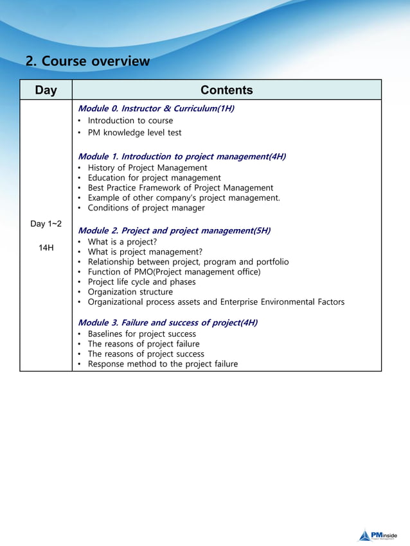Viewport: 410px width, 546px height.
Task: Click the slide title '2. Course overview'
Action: click(87, 62)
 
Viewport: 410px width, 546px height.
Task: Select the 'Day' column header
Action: click(46, 90)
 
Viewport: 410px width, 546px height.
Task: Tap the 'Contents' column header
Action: click(226, 90)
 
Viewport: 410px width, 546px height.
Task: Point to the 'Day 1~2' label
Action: click(46, 223)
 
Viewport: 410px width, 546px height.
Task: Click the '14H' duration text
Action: click(46, 248)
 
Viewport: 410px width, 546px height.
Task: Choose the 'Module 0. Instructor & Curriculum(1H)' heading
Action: click(156, 108)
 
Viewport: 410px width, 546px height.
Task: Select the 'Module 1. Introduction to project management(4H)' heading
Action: click(181, 157)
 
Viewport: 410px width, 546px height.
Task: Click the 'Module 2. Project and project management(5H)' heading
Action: click(174, 230)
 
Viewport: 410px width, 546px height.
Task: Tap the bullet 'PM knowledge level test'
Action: click(134, 133)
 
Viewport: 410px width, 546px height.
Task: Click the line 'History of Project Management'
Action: click(147, 168)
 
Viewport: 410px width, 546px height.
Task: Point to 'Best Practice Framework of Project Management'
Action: click(180, 188)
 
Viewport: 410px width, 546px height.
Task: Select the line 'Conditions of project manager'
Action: click(146, 208)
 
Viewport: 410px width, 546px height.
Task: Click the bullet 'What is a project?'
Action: click(122, 242)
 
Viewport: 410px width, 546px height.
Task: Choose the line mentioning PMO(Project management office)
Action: click(174, 272)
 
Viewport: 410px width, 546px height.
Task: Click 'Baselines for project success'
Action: click(141, 334)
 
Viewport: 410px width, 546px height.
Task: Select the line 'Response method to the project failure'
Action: click(163, 364)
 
